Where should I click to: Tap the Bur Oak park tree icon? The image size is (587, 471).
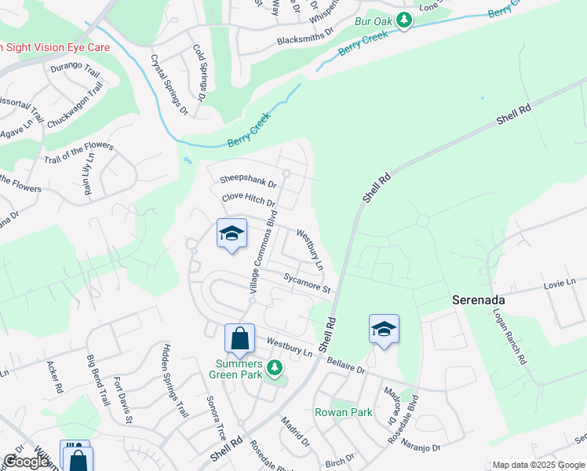point(404,20)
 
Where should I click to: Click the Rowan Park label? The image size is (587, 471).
point(343,412)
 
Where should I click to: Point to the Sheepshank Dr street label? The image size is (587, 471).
point(249,182)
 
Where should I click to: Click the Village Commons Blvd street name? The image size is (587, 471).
point(264,251)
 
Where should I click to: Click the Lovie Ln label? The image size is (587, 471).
point(560,283)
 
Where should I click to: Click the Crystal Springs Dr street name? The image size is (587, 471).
point(169,84)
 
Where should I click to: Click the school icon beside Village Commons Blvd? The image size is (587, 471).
point(232,233)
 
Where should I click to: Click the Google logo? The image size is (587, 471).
point(27,462)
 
